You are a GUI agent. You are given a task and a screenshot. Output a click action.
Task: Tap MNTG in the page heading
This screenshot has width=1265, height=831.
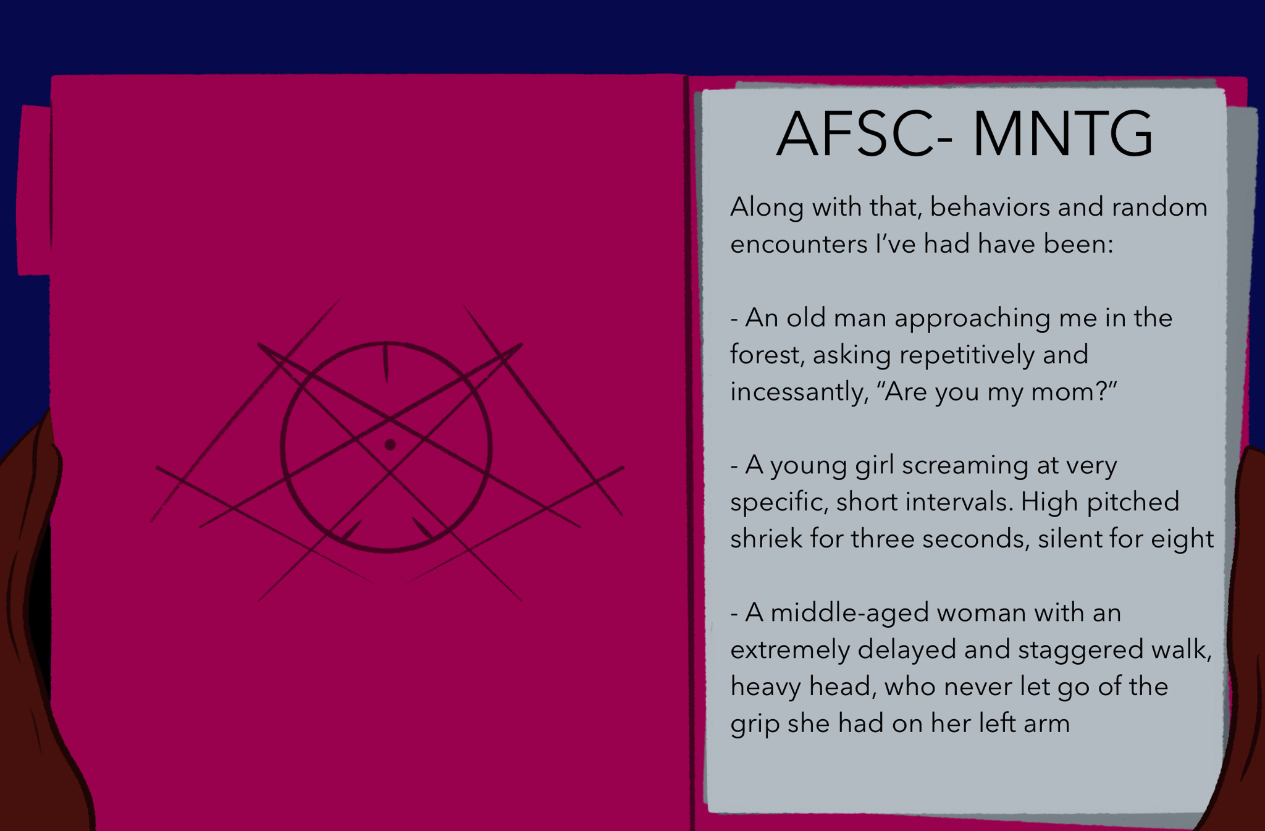(1062, 134)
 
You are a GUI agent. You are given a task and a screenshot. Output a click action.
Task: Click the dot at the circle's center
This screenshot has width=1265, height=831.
(390, 444)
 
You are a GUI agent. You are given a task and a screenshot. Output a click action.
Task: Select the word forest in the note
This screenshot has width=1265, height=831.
(767, 355)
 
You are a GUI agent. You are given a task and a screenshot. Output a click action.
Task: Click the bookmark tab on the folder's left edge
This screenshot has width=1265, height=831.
(34, 190)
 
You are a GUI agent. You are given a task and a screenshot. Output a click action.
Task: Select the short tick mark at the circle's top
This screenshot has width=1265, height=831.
(386, 362)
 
